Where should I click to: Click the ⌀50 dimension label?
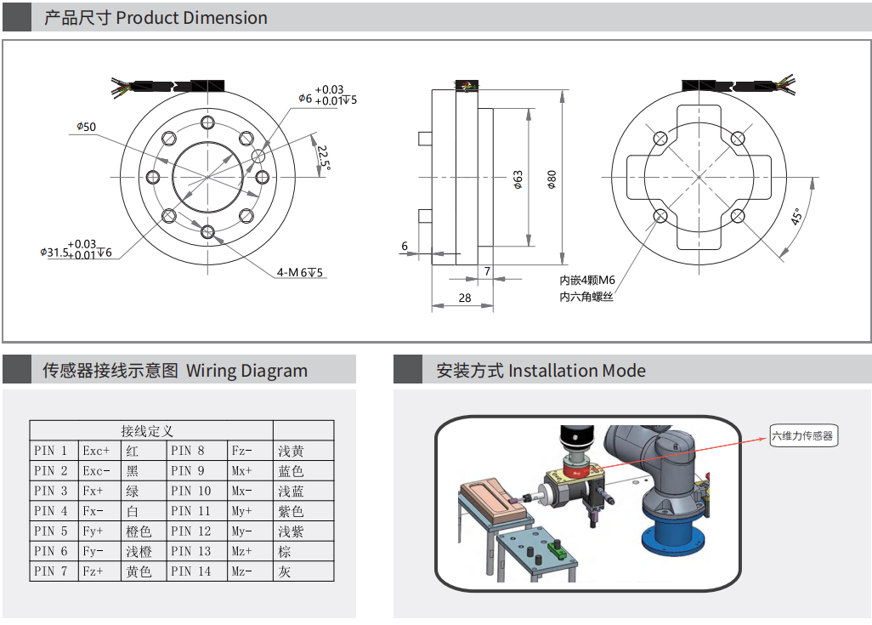pos(86,128)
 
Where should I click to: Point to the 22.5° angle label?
pos(323,156)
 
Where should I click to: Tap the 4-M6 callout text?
pos(300,273)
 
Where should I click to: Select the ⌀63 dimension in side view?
pos(518,179)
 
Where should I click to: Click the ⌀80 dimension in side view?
pos(552,179)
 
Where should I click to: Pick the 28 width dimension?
pos(464,298)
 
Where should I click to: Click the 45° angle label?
pos(797,217)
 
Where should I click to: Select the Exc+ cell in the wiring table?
pos(97,451)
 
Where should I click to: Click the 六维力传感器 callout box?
pos(803,436)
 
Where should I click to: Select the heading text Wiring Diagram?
pos(246,371)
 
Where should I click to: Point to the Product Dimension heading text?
pos(191,18)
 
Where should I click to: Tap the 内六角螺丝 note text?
pos(586,297)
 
